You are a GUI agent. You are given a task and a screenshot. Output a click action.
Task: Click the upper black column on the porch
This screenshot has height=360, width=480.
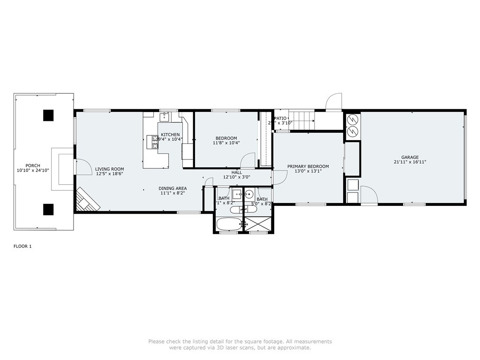(x=48, y=115)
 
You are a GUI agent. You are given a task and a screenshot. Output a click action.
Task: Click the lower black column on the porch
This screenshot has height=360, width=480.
(x=48, y=210)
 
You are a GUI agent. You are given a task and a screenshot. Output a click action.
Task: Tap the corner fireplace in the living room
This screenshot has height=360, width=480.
(x=88, y=200)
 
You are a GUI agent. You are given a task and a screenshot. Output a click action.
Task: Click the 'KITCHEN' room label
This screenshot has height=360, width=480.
(x=170, y=135)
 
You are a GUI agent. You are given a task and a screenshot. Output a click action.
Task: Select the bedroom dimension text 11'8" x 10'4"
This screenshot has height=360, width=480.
(x=226, y=143)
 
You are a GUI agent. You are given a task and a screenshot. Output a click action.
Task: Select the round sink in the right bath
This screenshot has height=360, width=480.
(x=249, y=194)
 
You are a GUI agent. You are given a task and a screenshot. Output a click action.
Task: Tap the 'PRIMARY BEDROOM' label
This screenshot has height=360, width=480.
(x=308, y=166)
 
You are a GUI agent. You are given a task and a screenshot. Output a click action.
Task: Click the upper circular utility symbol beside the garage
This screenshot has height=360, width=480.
(x=352, y=119)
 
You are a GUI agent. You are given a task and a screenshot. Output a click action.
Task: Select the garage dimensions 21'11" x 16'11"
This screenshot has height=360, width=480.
(x=410, y=162)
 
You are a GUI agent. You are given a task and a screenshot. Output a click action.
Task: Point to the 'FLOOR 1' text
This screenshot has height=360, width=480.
(x=22, y=246)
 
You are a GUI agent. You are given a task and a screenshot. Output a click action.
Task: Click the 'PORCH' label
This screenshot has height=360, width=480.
(x=33, y=165)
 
